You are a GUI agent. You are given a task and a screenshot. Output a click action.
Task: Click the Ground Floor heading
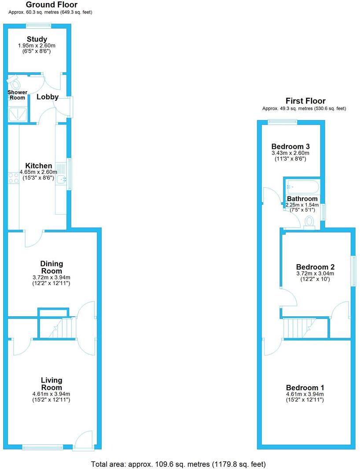[51, 5]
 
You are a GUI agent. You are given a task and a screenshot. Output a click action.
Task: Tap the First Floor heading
[305, 101]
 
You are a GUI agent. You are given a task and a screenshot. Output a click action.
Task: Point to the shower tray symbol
[18, 114]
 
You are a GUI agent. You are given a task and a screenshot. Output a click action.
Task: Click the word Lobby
[48, 97]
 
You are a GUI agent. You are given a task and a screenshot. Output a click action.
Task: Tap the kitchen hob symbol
[13, 177]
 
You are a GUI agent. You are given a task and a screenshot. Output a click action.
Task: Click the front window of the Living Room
[43, 447]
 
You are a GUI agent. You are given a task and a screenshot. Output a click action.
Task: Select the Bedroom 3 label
[290, 147]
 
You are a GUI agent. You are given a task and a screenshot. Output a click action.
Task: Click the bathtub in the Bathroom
[302, 187]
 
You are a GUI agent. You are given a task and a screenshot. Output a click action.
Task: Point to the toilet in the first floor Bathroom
[309, 222]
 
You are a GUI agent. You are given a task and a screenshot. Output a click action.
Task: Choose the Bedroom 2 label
[315, 267]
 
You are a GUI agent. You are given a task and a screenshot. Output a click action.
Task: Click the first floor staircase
[299, 329]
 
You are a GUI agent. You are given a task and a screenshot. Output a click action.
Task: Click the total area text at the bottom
[178, 464]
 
